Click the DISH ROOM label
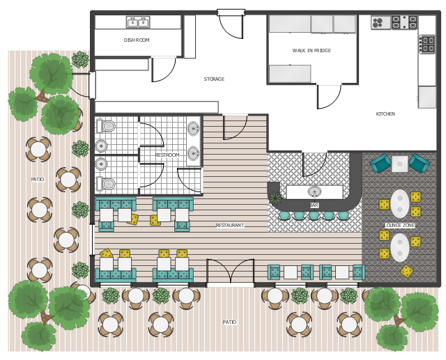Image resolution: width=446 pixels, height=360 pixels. pos(137,40)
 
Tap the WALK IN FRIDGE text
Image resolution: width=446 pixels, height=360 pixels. pos(312,51)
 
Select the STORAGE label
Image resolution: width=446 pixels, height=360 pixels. pos(214,79)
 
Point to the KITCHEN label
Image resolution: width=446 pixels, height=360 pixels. pos(385,114)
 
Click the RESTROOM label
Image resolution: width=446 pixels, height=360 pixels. pos(167,155)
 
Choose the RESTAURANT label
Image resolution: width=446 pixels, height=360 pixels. pos(230,226)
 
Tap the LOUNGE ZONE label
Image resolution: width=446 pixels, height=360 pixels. pos(399,226)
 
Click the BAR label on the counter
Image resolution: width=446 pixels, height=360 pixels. pos(314,205)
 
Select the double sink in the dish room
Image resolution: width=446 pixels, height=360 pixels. pos(138,22)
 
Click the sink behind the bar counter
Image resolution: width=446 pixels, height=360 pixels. pos(314,191)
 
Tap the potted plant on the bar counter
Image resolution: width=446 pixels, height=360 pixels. pos(275,198)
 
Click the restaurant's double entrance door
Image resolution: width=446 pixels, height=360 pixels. pos(230,271)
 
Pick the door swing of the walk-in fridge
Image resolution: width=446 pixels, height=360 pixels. pos(329,97)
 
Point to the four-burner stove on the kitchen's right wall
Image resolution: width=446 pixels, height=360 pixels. pos(427,44)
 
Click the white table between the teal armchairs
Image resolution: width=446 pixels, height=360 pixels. pos(399,164)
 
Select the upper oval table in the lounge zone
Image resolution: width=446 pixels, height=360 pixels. pos(399,204)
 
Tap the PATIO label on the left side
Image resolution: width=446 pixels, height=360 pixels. pos(38,179)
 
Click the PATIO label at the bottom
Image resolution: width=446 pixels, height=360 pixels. pos(229,322)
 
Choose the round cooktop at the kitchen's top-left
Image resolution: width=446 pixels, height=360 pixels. pos(380,23)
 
